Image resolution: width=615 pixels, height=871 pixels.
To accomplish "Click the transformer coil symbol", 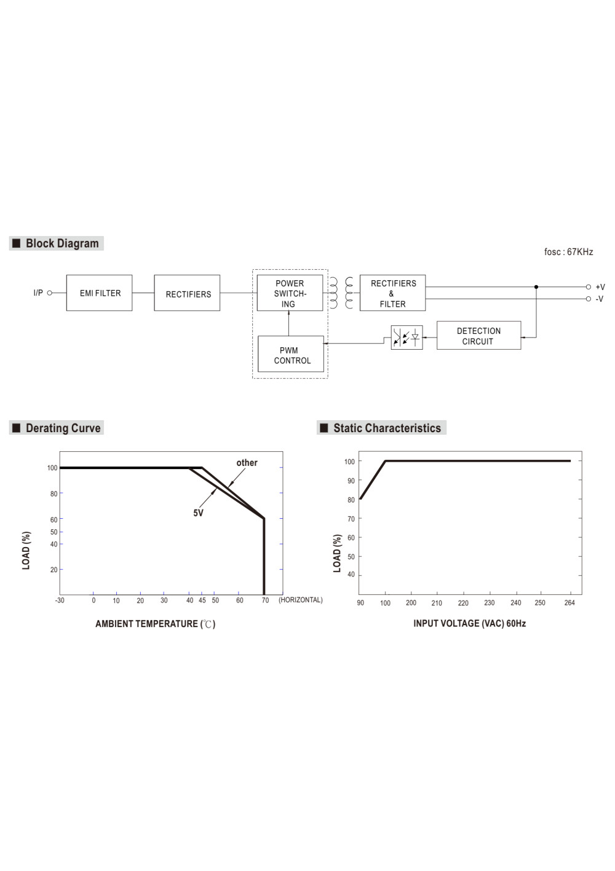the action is (341, 293).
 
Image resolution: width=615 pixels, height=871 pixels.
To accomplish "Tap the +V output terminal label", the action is (600, 287).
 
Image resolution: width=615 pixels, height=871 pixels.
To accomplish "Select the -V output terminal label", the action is (600, 299).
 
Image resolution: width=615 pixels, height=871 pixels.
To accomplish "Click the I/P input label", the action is (38, 293).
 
